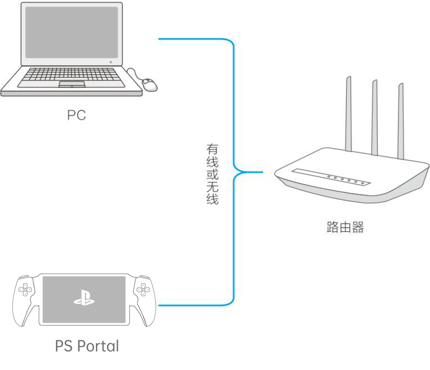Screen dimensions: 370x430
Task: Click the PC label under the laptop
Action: point(77,115)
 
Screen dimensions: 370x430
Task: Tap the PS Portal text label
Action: point(87,346)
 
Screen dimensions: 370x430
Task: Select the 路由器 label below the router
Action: point(345,227)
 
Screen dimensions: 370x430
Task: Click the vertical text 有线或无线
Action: point(213,174)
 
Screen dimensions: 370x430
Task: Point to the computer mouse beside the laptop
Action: point(149,84)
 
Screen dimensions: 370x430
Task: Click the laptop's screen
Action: point(72,32)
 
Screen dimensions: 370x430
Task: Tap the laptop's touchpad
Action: point(72,85)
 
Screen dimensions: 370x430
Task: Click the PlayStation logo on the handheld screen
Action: point(84,298)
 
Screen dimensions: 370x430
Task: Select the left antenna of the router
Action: point(348,115)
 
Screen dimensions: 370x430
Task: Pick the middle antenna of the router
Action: point(374,117)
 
